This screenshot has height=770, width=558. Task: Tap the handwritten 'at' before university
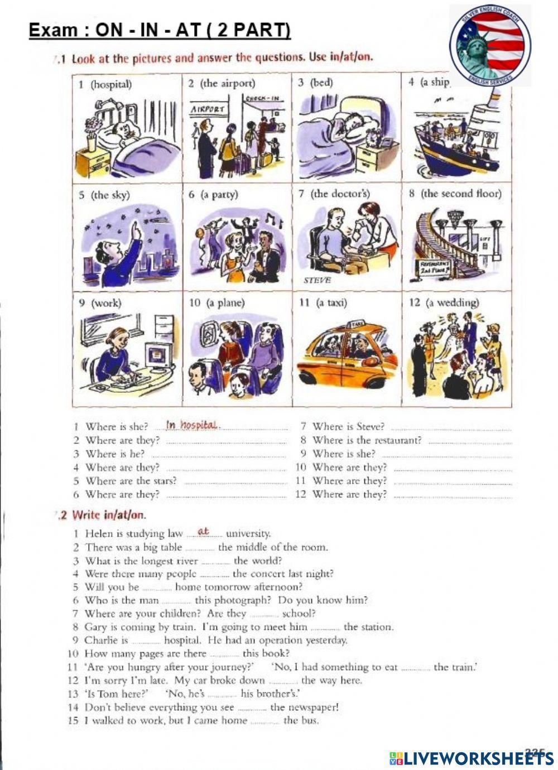(203, 532)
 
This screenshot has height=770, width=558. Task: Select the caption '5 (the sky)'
(104, 195)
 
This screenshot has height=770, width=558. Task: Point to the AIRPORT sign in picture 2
(207, 109)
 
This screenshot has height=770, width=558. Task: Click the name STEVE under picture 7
(317, 280)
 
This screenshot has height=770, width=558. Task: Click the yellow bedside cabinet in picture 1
(93, 162)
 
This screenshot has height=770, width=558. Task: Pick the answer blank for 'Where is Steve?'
(451, 428)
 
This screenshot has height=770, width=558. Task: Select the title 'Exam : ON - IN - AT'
(160, 30)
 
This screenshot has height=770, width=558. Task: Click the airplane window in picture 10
(209, 334)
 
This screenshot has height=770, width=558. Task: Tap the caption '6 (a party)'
(213, 195)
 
